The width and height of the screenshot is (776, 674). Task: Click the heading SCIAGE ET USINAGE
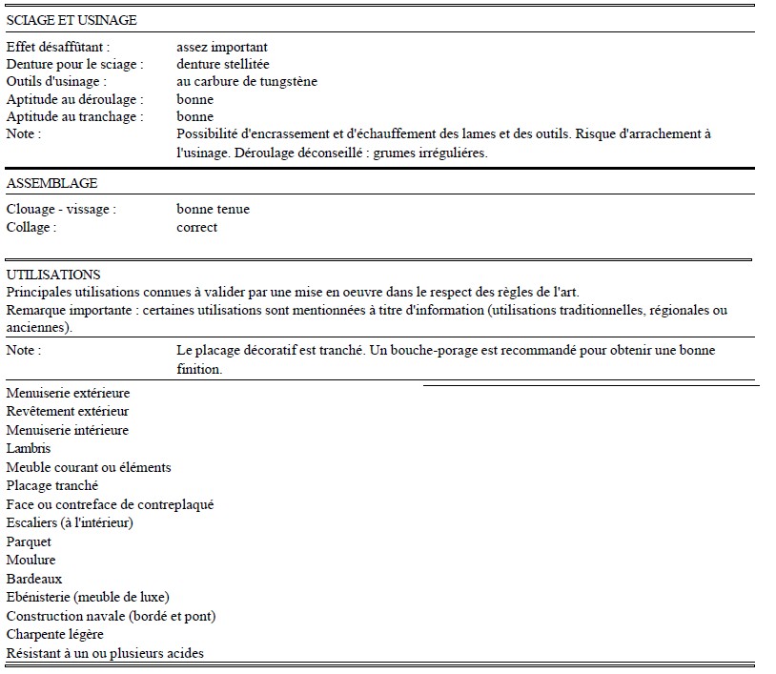pyautogui.click(x=71, y=20)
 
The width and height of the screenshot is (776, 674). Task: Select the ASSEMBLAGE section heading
pyautogui.click(x=51, y=183)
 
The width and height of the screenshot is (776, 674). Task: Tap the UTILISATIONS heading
pyautogui.click(x=53, y=275)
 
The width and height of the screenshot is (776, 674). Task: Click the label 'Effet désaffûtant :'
pyautogui.click(x=57, y=47)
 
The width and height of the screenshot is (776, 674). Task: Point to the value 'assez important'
pyautogui.click(x=221, y=47)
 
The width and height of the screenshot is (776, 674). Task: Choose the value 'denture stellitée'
pyautogui.click(x=223, y=64)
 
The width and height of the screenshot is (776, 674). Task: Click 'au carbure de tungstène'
pyautogui.click(x=247, y=81)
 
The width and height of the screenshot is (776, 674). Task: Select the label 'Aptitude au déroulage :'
pyautogui.click(x=74, y=99)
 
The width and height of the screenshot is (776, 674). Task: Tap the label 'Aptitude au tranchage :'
pyautogui.click(x=74, y=116)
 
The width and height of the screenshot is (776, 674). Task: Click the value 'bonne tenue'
pyautogui.click(x=213, y=209)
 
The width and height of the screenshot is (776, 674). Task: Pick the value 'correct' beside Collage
pyautogui.click(x=196, y=227)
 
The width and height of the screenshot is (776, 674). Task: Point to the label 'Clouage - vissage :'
pyautogui.click(x=61, y=209)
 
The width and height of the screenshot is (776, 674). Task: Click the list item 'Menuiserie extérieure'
pyautogui.click(x=68, y=393)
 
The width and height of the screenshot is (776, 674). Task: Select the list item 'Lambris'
pyautogui.click(x=29, y=448)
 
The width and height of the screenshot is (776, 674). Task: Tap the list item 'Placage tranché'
pyautogui.click(x=52, y=485)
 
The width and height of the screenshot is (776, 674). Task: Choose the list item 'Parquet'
pyautogui.click(x=29, y=541)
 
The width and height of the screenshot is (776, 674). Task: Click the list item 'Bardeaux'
pyautogui.click(x=34, y=579)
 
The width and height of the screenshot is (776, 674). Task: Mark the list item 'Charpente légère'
pyautogui.click(x=54, y=634)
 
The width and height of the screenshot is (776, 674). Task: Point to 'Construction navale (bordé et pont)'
pyautogui.click(x=111, y=616)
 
